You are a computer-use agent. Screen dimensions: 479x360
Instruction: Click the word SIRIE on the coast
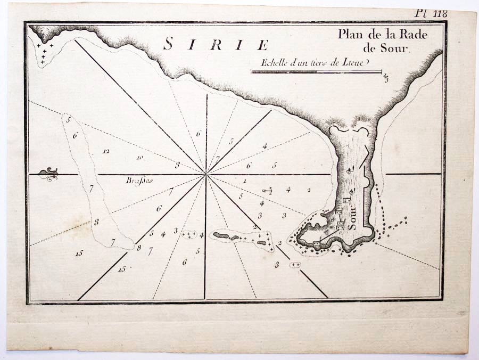coord(216,44)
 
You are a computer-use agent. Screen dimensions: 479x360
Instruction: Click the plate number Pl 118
coord(432,14)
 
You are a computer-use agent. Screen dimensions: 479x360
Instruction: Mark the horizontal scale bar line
coord(316,71)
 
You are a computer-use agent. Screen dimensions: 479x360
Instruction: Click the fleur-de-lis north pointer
coord(49,174)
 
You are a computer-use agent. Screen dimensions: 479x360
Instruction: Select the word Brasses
coord(139,180)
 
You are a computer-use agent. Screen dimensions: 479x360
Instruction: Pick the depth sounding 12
coord(106,151)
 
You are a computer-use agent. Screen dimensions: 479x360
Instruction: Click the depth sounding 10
coord(139,157)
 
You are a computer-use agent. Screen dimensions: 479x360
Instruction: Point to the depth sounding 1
coord(244,181)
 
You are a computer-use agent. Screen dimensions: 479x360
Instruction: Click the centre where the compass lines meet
coord(205,174)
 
